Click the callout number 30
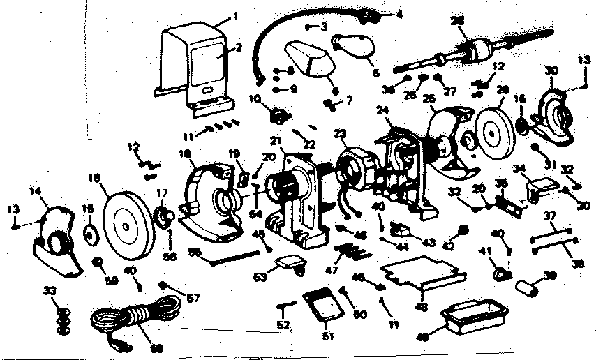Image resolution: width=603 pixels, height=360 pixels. [x=551, y=70]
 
